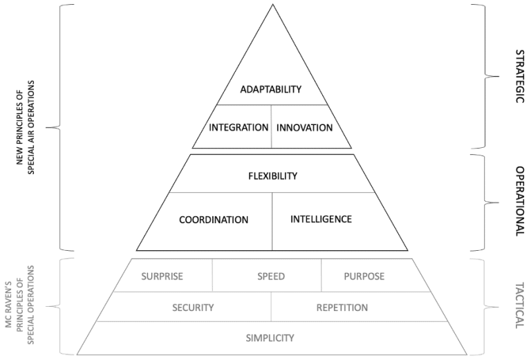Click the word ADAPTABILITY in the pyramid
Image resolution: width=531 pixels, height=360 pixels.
(271, 90)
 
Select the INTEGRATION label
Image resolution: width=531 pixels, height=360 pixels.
(239, 128)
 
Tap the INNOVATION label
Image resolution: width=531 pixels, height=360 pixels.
(304, 128)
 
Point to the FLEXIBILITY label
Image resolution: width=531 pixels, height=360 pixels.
(272, 176)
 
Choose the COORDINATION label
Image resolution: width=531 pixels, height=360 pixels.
(214, 220)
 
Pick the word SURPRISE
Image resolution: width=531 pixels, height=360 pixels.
(162, 276)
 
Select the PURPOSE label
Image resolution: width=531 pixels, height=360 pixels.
(364, 276)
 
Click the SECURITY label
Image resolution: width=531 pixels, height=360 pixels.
(193, 307)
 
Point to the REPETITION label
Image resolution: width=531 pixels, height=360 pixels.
(342, 307)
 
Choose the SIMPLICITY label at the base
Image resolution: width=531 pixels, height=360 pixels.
(270, 338)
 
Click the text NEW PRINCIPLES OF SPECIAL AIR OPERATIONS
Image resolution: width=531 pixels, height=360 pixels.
(26, 129)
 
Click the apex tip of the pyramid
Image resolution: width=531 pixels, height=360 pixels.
(272, 5)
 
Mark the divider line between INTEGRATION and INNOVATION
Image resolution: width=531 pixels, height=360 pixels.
(271, 127)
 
